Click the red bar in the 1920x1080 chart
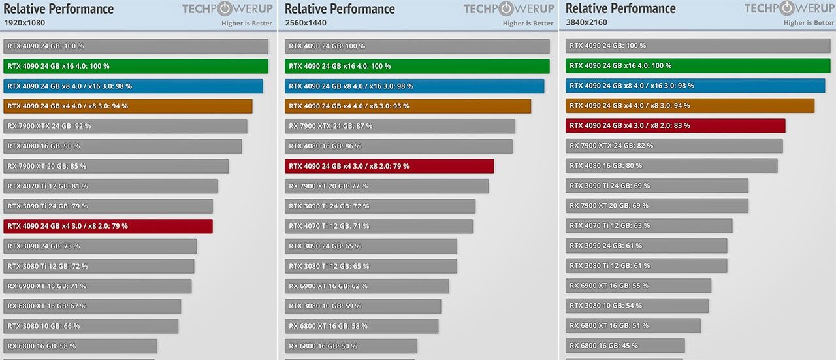point(108,226)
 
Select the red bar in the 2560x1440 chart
point(389,166)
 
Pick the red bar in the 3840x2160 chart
point(675,125)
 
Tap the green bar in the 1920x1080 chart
point(136,66)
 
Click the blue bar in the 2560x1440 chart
point(414,86)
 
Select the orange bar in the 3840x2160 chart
point(690,106)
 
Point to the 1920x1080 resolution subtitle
point(24,23)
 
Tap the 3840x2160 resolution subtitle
point(587,23)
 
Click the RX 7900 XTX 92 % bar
point(125,126)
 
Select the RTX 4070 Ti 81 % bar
point(111,186)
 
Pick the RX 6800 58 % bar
point(80,346)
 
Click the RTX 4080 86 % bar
point(398,146)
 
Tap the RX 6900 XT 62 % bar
point(367,286)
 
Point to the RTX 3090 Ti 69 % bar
point(657,186)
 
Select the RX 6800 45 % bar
point(625,346)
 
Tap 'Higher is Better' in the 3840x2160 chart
point(809,23)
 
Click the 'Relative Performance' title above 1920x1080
point(59,8)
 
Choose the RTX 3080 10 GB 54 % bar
point(637,306)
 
